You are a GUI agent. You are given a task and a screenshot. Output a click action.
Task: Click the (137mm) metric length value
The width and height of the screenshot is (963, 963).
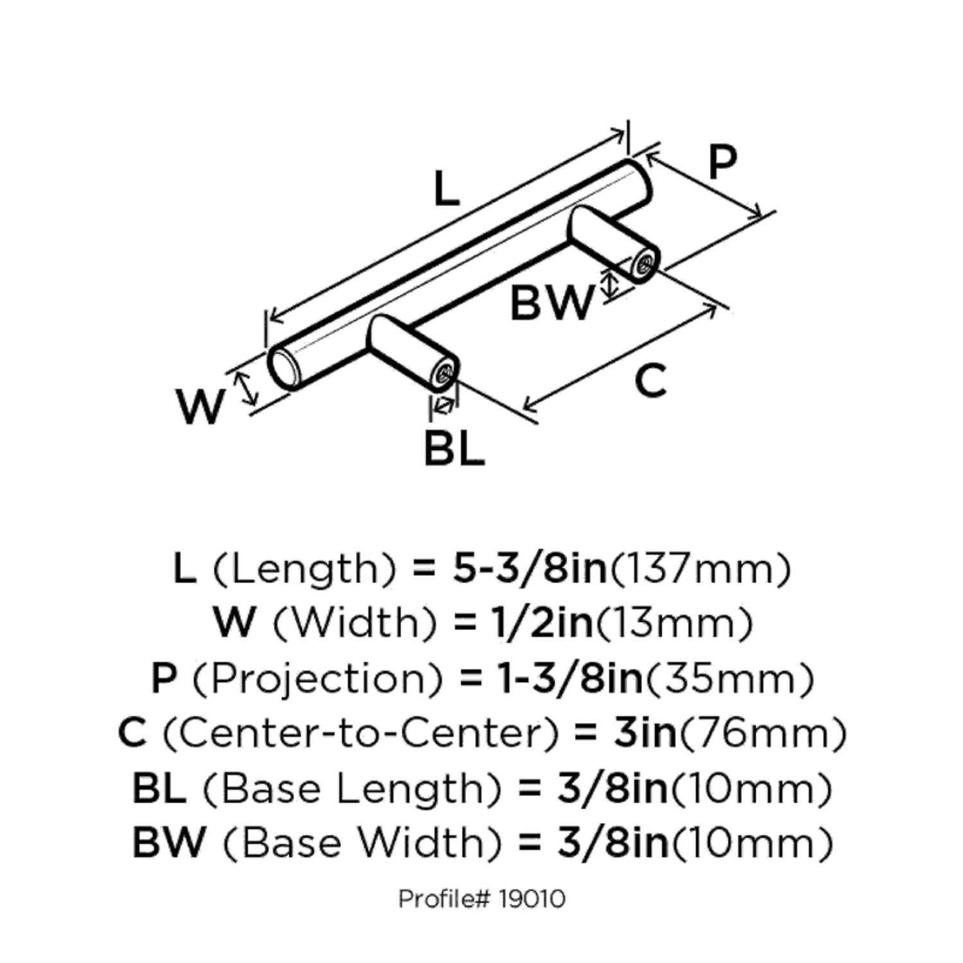click(699, 569)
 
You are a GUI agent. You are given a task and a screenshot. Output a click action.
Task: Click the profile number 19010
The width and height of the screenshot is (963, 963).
click(531, 899)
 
